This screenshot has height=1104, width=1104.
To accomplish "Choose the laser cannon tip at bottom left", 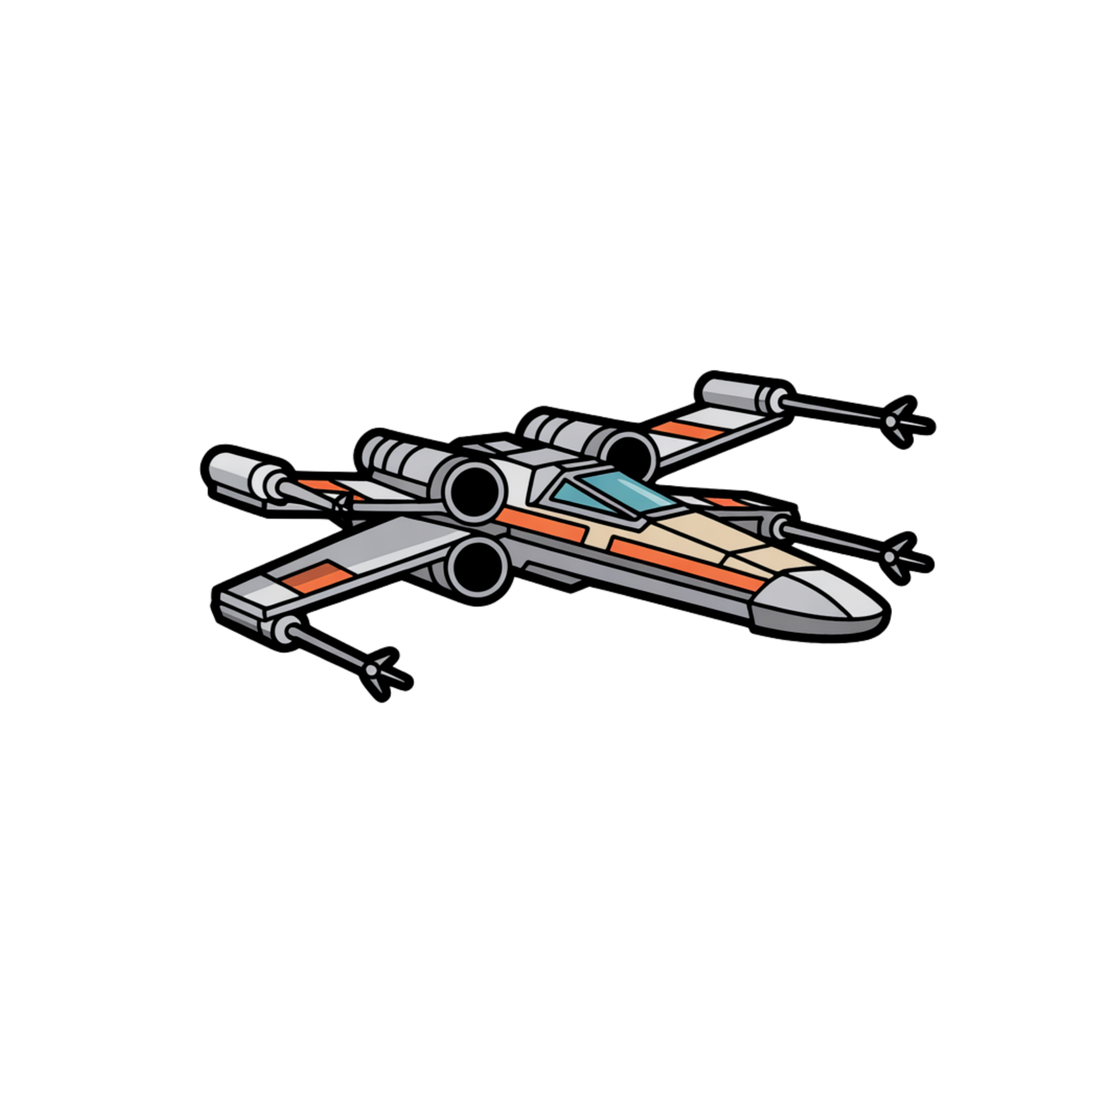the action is point(373,670).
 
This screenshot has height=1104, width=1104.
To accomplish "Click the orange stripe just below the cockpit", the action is point(526,519).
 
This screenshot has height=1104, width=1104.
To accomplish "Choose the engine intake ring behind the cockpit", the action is point(631,451).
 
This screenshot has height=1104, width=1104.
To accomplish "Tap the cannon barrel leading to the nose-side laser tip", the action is point(835,541).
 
